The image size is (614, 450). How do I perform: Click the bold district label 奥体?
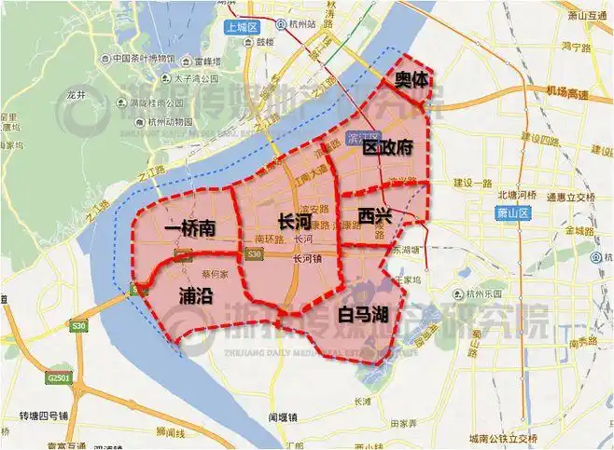coord(412,81)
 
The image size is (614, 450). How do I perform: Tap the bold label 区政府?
coord(387,148)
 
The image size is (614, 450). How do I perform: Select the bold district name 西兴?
coord(374,216)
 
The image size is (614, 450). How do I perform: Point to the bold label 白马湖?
coord(363,313)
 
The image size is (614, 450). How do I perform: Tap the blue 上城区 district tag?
coord(240,28)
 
